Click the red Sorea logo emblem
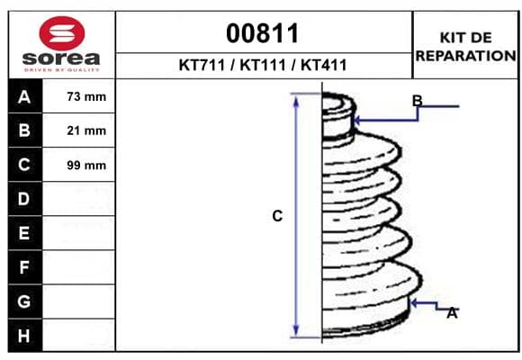[x=62, y=33]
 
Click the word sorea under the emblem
[x=61, y=58]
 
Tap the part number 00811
[x=262, y=33]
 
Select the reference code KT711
[x=202, y=65]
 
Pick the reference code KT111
[x=263, y=65]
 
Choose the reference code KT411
[x=324, y=65]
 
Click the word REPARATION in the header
[x=465, y=56]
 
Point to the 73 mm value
[x=86, y=96]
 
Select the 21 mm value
[x=86, y=130]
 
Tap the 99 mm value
[x=86, y=166]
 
